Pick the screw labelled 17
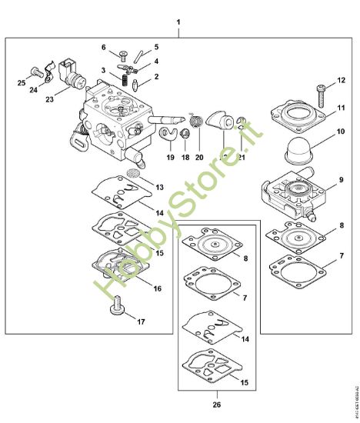click(x=118, y=310)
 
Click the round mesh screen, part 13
click(x=133, y=175)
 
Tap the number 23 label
click(x=50, y=98)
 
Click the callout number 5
click(x=156, y=47)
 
